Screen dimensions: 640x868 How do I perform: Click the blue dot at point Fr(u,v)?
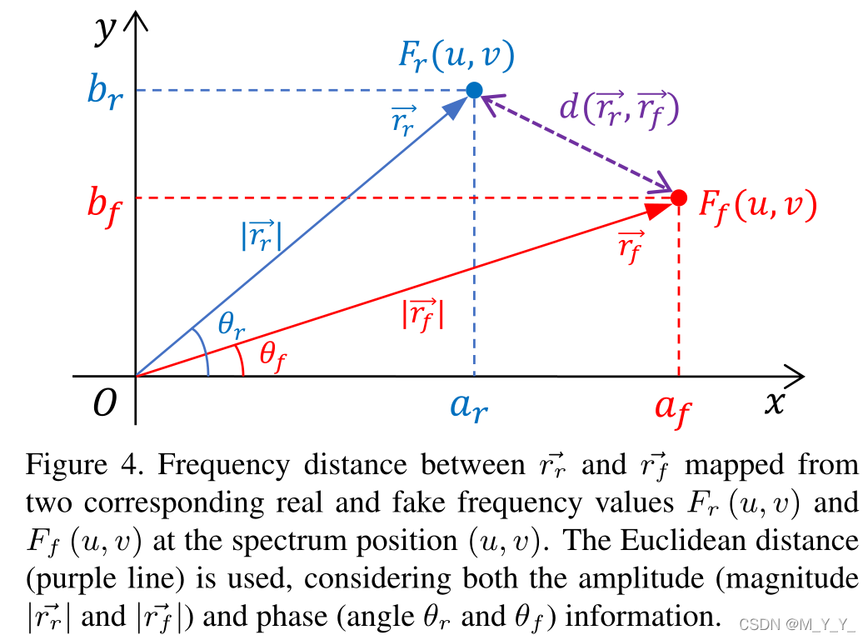click(474, 89)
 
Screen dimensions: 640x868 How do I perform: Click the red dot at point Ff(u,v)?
click(679, 197)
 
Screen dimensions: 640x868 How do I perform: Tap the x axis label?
click(775, 402)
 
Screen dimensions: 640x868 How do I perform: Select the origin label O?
click(104, 404)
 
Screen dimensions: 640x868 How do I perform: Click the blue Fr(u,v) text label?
click(454, 55)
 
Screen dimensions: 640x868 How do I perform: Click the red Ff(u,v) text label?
click(756, 204)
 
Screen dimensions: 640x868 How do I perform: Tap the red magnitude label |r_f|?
click(422, 315)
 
